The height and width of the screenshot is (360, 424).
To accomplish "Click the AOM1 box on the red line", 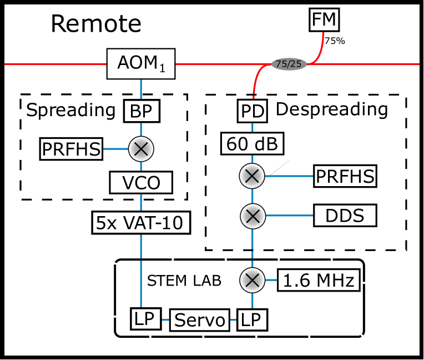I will (x=140, y=63).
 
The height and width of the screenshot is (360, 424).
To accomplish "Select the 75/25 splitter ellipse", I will (x=289, y=64).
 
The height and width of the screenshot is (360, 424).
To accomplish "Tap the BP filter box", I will (x=141, y=111).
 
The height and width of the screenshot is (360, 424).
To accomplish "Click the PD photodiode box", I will (x=253, y=111).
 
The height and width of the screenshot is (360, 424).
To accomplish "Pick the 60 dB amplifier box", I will (x=253, y=144).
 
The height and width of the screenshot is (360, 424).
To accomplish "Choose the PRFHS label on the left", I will (x=72, y=149).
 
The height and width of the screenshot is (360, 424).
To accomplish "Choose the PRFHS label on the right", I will (x=345, y=177).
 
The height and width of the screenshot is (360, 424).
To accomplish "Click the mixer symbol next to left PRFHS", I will (x=141, y=149).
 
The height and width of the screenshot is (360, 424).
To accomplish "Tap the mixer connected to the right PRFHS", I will (x=253, y=177).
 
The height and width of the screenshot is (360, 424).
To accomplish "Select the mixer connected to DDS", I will (x=253, y=216).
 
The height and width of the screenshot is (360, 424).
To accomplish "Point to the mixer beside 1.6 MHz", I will (x=253, y=280).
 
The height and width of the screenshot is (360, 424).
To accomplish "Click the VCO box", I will (x=141, y=182).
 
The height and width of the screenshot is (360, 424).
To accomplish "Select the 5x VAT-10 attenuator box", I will (x=141, y=223).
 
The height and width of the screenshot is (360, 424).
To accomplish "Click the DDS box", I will (x=345, y=216).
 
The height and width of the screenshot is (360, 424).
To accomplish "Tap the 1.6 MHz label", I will (x=318, y=281).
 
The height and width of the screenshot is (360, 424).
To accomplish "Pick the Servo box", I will (x=200, y=321).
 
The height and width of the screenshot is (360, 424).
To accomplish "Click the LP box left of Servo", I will (x=147, y=319).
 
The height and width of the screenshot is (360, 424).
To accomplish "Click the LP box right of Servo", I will (x=252, y=319).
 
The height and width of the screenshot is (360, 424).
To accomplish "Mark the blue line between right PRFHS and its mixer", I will (x=289, y=177).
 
